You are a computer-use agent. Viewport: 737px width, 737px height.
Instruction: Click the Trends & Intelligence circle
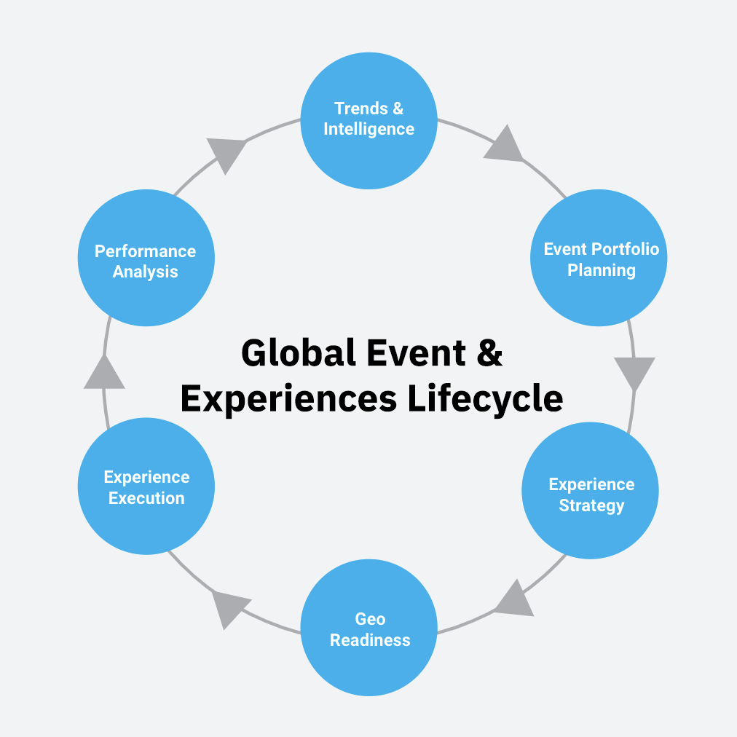pyautogui.click(x=368, y=120)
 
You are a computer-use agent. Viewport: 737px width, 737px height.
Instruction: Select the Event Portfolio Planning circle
pyautogui.click(x=598, y=258)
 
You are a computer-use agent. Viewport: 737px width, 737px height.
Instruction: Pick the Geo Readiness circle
pyautogui.click(x=368, y=628)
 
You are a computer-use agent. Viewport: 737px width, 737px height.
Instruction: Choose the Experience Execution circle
pyautogui.click(x=146, y=486)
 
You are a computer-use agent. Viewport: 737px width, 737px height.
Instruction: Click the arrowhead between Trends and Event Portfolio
pyautogui.click(x=504, y=145)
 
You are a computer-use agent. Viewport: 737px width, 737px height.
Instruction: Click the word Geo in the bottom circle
pyautogui.click(x=370, y=619)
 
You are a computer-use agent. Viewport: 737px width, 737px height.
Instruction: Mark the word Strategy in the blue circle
pyautogui.click(x=591, y=505)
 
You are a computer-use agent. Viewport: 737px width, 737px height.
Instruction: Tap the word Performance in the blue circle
pyautogui.click(x=146, y=251)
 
